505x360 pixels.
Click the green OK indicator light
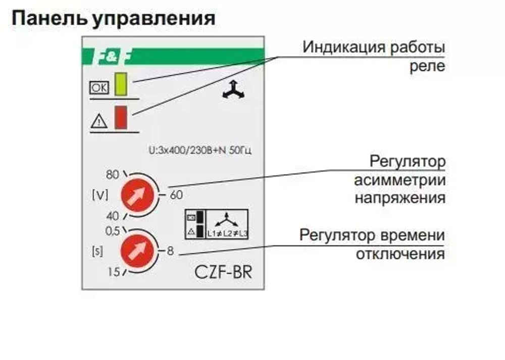(x=121, y=84)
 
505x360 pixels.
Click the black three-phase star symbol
(x=233, y=90)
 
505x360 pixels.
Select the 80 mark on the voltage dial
(x=112, y=175)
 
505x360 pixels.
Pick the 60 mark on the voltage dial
(x=176, y=195)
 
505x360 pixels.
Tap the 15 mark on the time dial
(x=113, y=273)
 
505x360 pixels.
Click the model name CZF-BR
(x=223, y=272)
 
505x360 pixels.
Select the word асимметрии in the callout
(x=399, y=180)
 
